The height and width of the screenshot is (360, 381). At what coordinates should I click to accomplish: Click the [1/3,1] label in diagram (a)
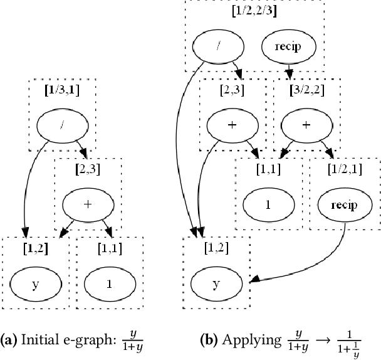(61, 88)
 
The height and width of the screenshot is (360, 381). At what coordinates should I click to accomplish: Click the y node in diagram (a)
(34, 283)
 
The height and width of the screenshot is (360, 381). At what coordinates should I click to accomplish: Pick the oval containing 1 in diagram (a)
(109, 283)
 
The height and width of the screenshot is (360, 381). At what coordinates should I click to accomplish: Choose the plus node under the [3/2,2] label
(306, 125)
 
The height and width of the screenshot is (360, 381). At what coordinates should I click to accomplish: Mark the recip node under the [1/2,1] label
(344, 204)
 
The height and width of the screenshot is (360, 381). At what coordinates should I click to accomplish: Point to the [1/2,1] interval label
(344, 169)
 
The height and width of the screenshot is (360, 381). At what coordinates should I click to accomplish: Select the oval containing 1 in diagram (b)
(269, 204)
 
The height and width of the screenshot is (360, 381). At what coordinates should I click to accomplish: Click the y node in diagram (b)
(216, 283)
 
